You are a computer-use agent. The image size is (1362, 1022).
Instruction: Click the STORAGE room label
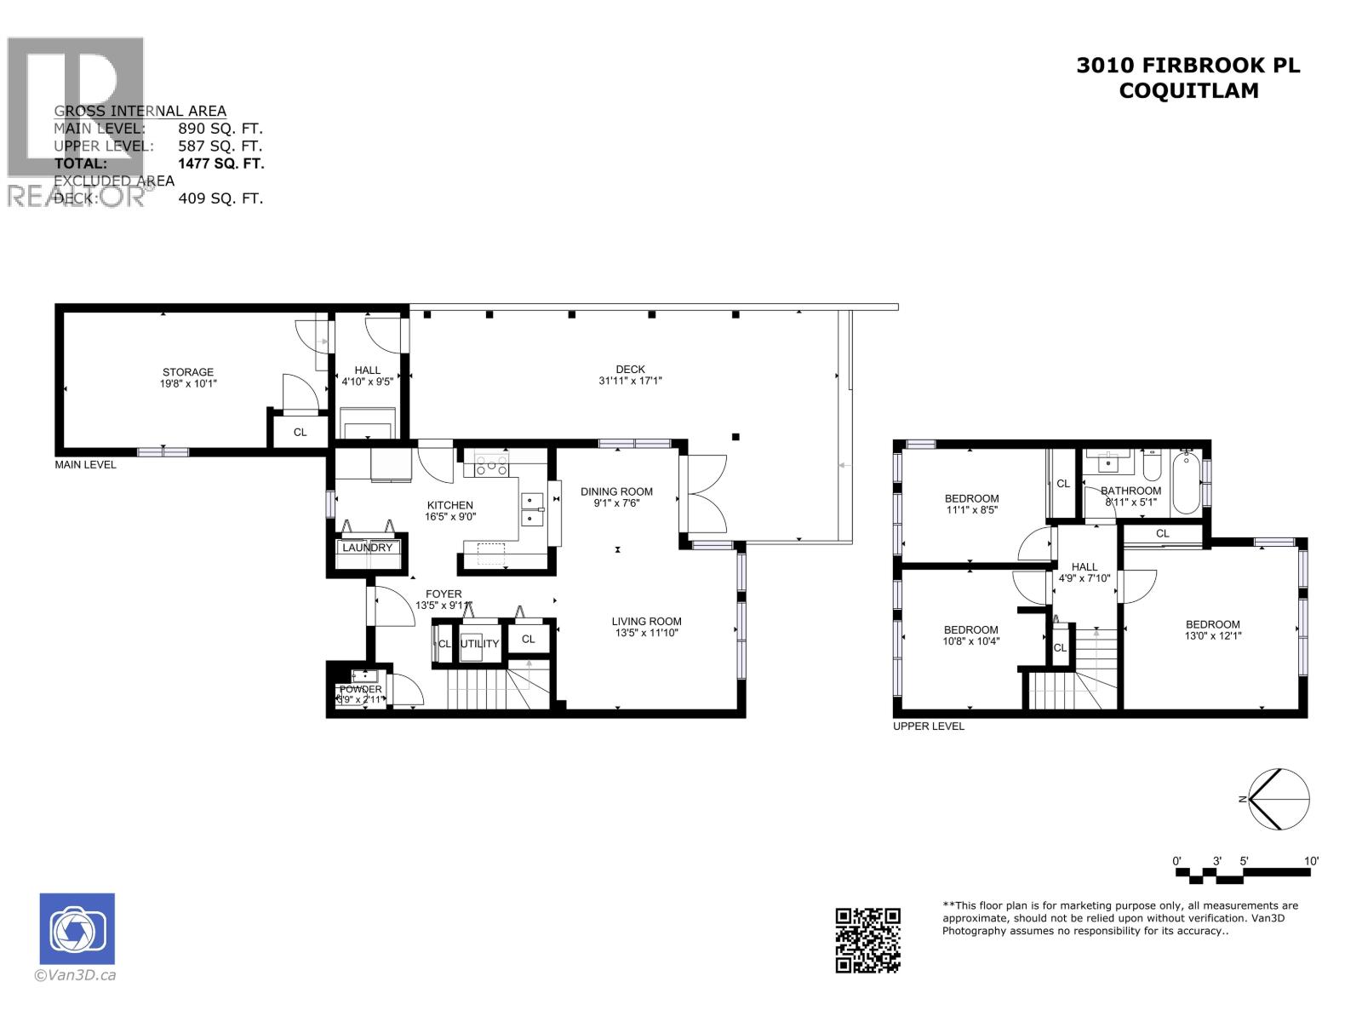(188, 372)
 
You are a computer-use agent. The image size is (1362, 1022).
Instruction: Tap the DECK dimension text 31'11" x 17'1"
(630, 381)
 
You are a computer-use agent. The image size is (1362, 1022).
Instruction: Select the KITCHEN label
(449, 505)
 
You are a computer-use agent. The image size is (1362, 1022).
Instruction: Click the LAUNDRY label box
(368, 548)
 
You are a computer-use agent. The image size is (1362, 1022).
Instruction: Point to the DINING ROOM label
(616, 491)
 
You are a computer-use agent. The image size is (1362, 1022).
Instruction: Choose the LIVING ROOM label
(646, 621)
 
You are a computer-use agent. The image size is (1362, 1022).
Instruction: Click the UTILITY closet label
(479, 644)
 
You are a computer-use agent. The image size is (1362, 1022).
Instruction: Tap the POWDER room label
(361, 689)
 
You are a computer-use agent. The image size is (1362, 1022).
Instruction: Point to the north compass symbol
(1277, 800)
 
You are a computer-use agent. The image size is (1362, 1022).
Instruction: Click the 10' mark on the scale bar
(1311, 861)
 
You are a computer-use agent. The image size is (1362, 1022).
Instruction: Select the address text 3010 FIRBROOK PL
(1188, 66)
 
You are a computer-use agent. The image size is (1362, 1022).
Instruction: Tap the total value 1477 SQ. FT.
(220, 164)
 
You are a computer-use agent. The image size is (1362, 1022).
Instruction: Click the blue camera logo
(77, 928)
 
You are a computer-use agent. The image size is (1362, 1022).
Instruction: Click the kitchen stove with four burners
(492, 465)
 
